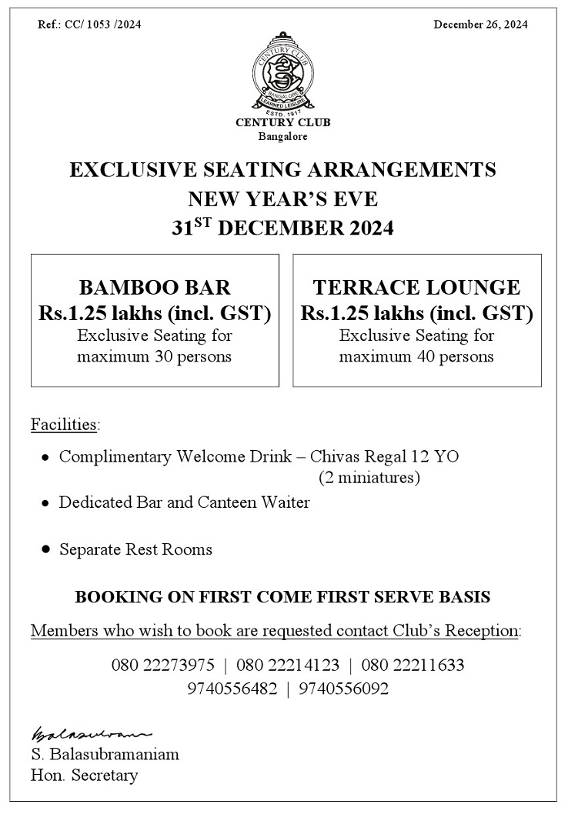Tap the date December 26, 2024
click(x=480, y=25)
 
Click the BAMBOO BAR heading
click(x=155, y=288)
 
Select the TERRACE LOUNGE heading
click(x=416, y=288)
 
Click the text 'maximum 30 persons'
click(x=155, y=357)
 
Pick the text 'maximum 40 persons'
click(x=416, y=357)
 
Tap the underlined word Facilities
click(x=65, y=424)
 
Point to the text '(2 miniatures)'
click(x=369, y=478)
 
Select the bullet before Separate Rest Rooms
click(x=45, y=550)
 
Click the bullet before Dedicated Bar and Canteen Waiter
click(x=45, y=503)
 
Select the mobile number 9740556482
click(x=232, y=689)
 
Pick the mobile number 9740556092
click(x=343, y=689)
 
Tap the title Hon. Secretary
click(x=85, y=775)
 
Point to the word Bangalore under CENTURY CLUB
click(x=283, y=136)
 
